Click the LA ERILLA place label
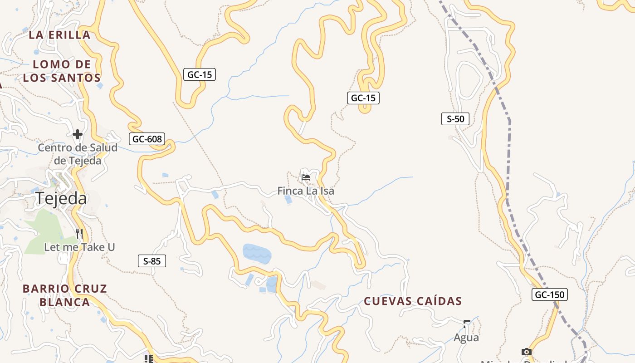coord(59,34)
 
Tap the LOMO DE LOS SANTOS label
coord(62,71)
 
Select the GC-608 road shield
coord(147,139)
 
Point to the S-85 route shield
coord(152,261)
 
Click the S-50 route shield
coord(455,119)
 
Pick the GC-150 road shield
coord(550,294)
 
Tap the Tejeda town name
coord(61,198)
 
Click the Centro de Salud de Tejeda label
coord(78,154)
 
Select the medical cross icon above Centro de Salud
coord(78,134)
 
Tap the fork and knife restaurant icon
coord(79,233)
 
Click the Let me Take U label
coord(79,247)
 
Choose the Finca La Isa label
coord(306,191)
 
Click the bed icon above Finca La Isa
coord(306,177)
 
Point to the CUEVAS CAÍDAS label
coord(413,301)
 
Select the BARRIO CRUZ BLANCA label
coord(65,295)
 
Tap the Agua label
coord(466,338)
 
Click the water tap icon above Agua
coord(466,324)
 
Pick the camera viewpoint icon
coord(526,352)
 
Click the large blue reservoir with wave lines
coord(257,253)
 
